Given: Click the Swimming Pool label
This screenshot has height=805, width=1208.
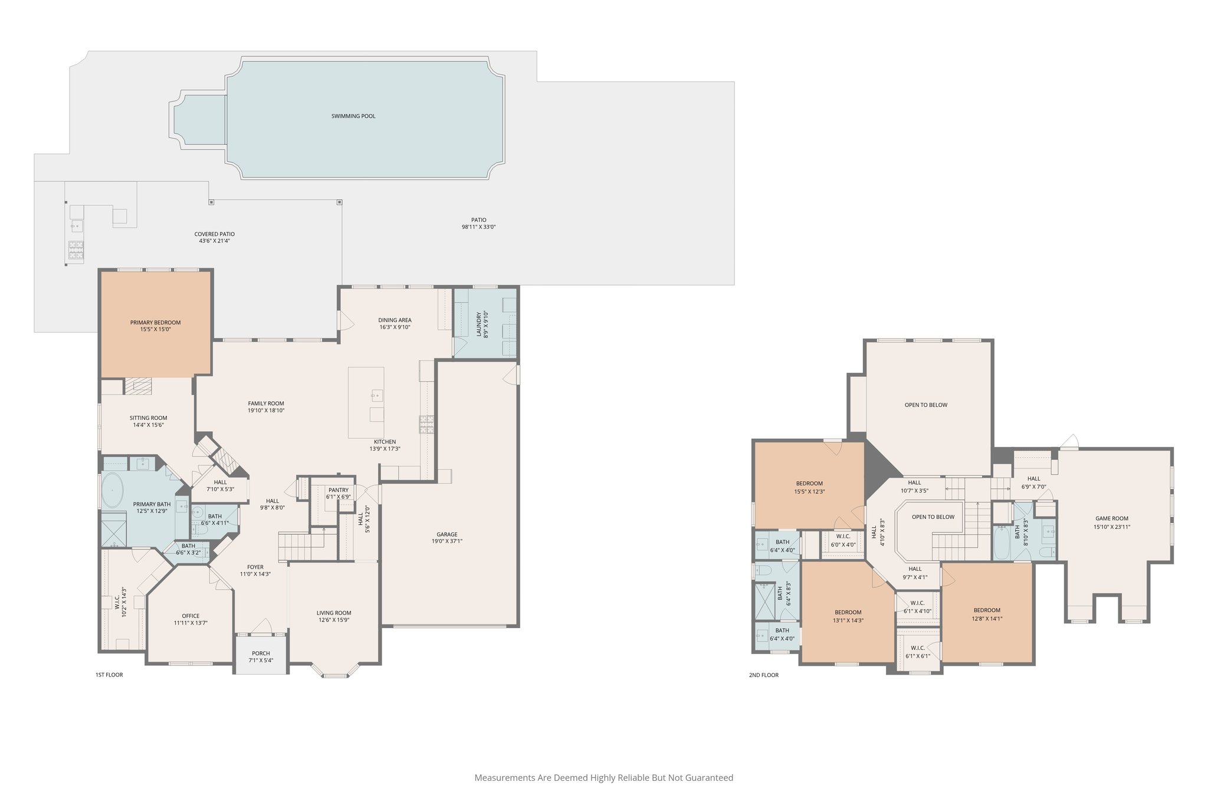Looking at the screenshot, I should (x=353, y=116).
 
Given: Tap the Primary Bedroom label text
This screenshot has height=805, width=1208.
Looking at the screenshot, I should (x=155, y=323).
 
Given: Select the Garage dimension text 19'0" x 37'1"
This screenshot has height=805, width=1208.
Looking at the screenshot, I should (x=447, y=541).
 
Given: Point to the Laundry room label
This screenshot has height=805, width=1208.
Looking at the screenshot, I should (x=479, y=324).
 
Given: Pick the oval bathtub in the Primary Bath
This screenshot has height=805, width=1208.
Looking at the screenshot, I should (x=112, y=490).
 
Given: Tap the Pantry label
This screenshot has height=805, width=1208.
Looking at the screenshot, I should (x=338, y=490).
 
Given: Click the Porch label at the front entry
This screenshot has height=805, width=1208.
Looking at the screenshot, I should (x=261, y=653).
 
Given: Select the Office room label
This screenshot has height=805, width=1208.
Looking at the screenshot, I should (x=191, y=616).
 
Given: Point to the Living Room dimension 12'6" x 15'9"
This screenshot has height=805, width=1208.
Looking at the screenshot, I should (x=334, y=620).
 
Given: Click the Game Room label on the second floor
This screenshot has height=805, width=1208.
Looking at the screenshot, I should (x=1111, y=519).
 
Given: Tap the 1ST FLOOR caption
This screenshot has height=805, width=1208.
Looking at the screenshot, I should (x=109, y=675).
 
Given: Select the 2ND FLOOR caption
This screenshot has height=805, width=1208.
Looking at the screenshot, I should (x=763, y=675).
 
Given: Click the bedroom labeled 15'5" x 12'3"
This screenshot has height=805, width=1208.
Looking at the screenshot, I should (x=809, y=487).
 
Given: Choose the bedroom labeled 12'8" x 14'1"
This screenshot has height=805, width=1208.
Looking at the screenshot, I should (x=987, y=614).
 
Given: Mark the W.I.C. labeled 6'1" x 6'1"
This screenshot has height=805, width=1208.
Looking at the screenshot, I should (x=917, y=652).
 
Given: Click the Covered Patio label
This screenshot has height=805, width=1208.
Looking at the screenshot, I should (x=214, y=234).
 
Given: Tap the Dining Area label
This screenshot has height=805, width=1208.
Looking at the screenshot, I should (x=395, y=320).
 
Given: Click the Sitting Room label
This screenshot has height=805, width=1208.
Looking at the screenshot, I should (x=149, y=418).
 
